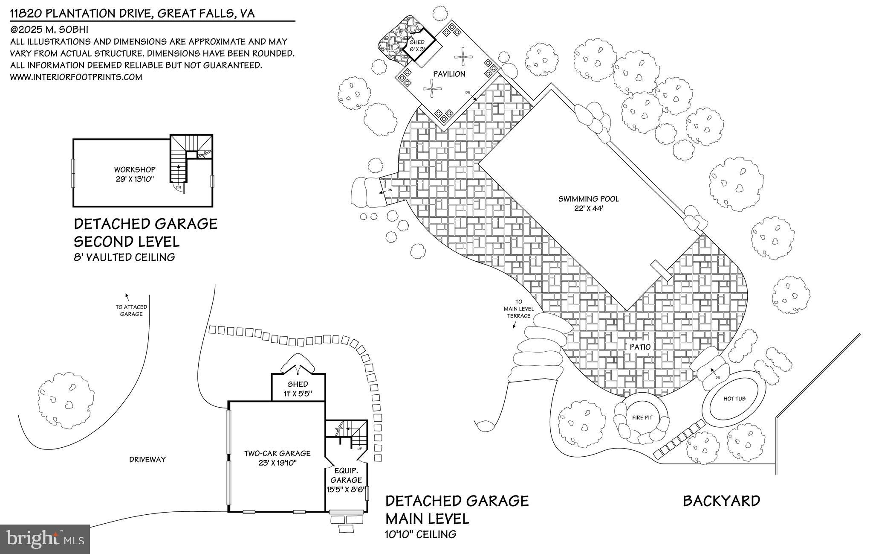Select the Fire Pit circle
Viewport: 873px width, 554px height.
pos(642,418)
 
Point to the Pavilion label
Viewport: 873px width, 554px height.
pos(449,74)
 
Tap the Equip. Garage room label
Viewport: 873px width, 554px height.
pos(346,475)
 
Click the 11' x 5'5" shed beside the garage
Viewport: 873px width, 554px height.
pos(298,389)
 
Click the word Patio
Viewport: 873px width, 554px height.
pos(640,347)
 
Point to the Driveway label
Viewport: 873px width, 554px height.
pos(147,460)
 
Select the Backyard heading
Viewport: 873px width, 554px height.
pos(721,501)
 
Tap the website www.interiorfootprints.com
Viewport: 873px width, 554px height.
pos(76,77)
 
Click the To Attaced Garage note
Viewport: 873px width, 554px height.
pos(131,310)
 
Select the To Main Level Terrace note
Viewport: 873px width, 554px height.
pos(519,309)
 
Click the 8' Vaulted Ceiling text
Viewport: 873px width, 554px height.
pos(124,257)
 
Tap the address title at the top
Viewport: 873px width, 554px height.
pos(132,14)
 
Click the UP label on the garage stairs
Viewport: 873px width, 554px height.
pos(359,449)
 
